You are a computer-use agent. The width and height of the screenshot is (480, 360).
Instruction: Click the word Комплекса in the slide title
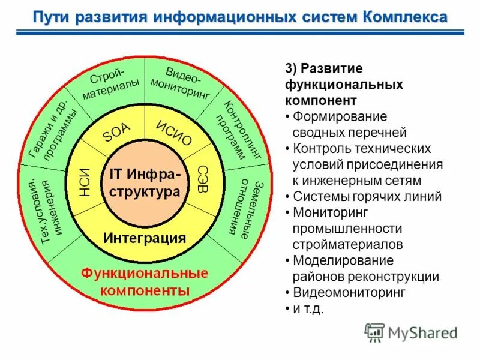(404, 16)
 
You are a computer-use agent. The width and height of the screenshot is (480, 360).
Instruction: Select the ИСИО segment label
(174, 133)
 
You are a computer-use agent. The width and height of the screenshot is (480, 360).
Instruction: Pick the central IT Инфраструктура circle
(144, 183)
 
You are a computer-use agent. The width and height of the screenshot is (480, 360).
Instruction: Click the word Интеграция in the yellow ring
(144, 238)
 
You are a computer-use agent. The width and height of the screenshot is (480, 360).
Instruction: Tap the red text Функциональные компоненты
(145, 282)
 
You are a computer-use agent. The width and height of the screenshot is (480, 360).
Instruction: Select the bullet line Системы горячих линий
(367, 196)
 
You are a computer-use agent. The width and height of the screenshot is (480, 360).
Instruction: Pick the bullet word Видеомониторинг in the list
(349, 293)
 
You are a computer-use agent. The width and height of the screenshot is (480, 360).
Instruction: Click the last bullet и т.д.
(308, 309)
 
